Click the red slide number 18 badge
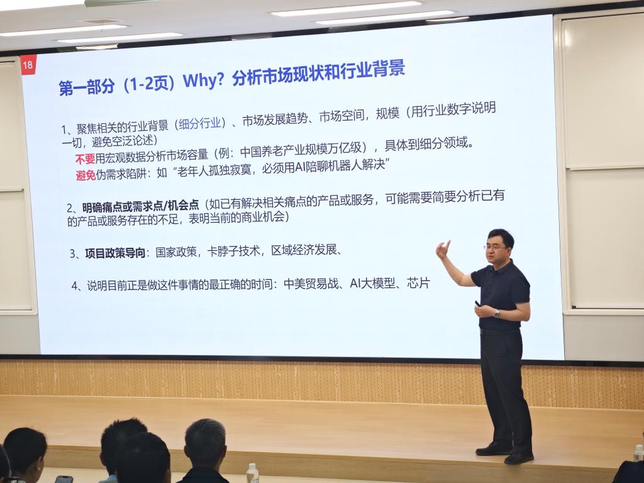28,65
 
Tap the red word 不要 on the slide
85,158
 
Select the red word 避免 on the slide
86,175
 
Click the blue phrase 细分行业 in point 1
199,123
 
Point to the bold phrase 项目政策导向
115,253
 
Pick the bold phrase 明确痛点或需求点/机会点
140,206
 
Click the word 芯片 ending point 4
418,283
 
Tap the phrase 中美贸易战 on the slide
311,284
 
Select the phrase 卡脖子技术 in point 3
233,251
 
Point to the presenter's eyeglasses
495,247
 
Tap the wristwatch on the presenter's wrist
497,314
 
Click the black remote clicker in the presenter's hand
478,304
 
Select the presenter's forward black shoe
519,458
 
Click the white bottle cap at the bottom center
252,467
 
